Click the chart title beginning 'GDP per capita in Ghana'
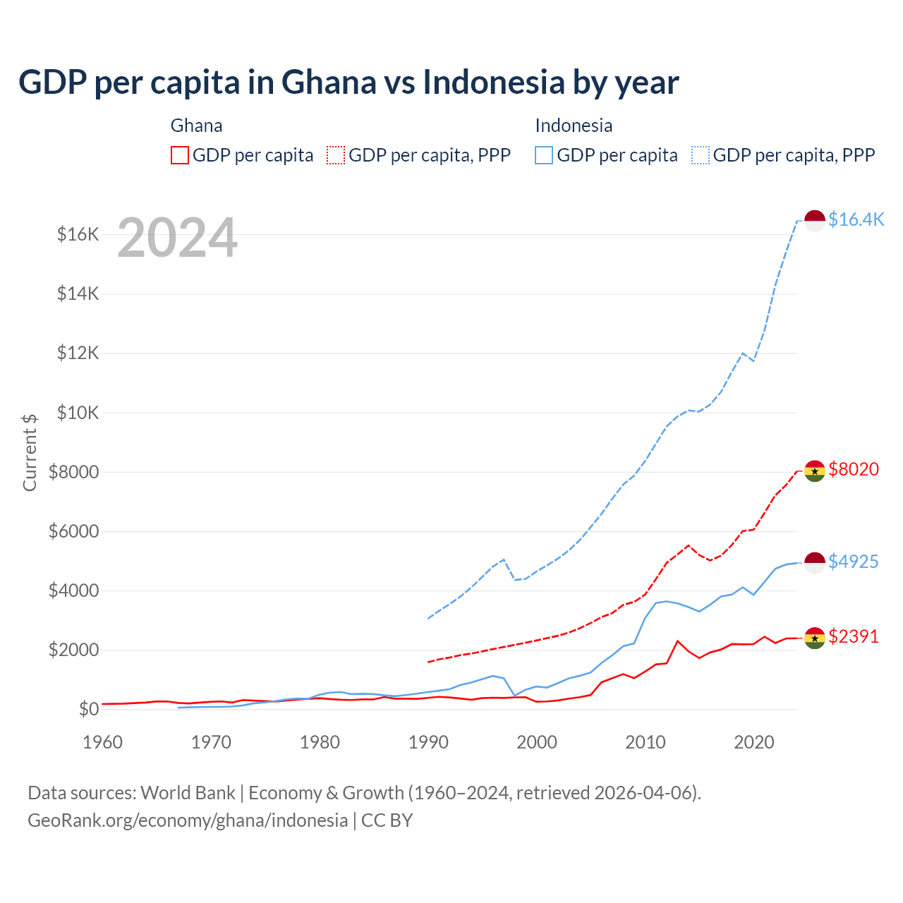click(349, 83)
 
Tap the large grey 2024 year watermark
click(177, 238)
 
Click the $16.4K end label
click(856, 219)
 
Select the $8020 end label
click(854, 469)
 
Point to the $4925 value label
click(854, 562)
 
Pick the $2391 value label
click(854, 636)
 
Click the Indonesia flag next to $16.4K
click(815, 220)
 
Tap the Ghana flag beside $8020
click(815, 471)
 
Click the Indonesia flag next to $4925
click(815, 563)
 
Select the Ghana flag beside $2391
click(815, 638)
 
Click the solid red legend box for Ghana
click(180, 155)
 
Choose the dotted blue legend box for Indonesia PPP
click(701, 155)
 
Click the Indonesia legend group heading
click(574, 126)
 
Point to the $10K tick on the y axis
click(78, 413)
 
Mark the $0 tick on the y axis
click(88, 709)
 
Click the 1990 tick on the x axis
click(428, 742)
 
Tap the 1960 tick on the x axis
click(103, 742)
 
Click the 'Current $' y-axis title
click(30, 453)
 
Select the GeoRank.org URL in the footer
click(188, 820)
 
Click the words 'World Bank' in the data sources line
click(188, 793)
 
